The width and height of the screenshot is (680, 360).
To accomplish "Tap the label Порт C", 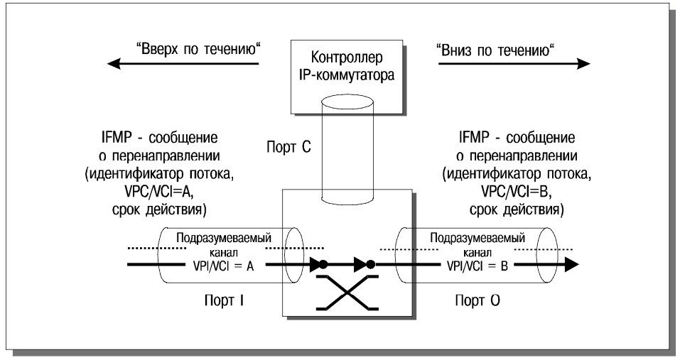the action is tap(288, 147).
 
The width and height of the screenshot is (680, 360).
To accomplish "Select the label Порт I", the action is tap(223, 300).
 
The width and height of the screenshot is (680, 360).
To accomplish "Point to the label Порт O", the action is tap(477, 300).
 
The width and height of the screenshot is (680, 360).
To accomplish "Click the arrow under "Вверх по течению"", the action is tap(183, 64).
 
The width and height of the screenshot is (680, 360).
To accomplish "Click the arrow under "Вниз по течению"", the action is tap(514, 64).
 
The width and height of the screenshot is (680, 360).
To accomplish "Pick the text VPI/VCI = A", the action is tap(223, 266).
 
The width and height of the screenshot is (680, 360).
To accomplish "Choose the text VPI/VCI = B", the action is tap(477, 266).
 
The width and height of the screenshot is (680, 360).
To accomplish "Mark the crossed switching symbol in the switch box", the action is tap(347, 293).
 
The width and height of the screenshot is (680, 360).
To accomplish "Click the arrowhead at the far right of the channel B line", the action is tap(571, 264).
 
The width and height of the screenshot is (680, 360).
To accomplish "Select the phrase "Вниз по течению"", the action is tap(495, 50).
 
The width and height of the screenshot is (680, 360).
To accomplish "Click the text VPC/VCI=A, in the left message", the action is tap(158, 192).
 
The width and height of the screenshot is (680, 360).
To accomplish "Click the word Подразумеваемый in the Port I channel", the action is tap(224, 238).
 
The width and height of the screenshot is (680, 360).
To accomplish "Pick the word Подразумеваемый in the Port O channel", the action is tap(477, 238).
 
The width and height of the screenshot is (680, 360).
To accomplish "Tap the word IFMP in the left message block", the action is tap(116, 138).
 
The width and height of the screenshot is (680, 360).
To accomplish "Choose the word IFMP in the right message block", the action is tap(473, 138).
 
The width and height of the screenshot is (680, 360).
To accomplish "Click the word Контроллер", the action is tap(347, 58).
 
